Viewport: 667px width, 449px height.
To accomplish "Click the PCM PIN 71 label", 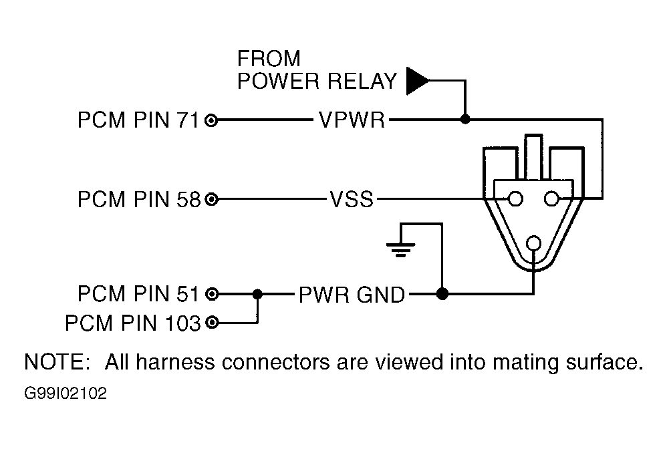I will coord(138,121).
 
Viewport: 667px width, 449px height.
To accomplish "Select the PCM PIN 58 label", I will coord(138,199).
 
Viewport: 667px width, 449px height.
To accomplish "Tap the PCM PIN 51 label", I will coord(138,293).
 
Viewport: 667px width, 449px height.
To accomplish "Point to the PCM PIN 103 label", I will coord(132,323).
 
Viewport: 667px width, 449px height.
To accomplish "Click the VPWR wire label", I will coord(351,121).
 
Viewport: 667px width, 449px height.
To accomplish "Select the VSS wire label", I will coord(351,199).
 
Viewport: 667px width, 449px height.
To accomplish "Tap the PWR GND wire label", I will coord(351,294).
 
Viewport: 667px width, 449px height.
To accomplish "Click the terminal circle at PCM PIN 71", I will coord(212,121).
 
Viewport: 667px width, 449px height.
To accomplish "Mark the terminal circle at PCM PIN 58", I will coord(212,199).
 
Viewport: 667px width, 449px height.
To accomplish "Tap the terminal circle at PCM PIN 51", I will coord(212,293).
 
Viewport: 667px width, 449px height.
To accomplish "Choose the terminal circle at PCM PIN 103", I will coord(212,323).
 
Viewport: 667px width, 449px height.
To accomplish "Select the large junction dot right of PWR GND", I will coord(441,293).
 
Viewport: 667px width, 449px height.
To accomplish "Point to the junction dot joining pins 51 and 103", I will coord(257,293).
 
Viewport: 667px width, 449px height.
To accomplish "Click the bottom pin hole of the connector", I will coord(533,243).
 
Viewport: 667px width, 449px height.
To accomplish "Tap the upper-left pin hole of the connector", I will coord(515,198).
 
